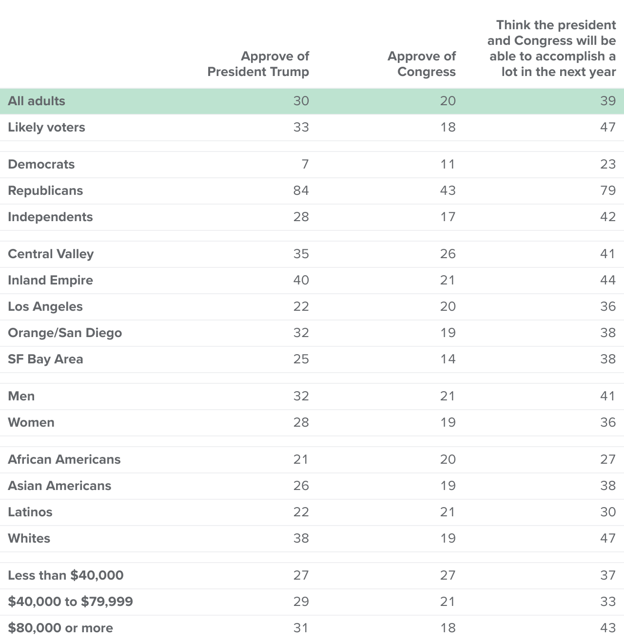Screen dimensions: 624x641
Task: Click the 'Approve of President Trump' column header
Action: (258, 64)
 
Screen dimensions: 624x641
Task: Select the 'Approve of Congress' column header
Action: (422, 64)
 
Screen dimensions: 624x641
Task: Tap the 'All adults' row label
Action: (37, 101)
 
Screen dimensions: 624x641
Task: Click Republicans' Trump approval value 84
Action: (301, 190)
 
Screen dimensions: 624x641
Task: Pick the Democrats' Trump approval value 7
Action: (305, 164)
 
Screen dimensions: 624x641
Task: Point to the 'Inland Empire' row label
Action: (50, 280)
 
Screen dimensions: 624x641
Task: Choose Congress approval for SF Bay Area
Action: (448, 359)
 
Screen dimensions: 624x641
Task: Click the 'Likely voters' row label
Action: (46, 128)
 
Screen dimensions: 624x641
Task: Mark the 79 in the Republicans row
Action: (607, 190)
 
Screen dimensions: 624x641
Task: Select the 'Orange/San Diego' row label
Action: (65, 333)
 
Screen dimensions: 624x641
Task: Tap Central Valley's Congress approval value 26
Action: (448, 254)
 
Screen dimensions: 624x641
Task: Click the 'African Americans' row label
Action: (64, 459)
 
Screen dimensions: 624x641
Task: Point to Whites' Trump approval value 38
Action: (301, 538)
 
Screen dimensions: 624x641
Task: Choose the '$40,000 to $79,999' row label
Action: (70, 602)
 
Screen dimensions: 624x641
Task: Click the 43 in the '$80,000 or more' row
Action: (607, 628)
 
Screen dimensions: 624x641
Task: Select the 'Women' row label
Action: (31, 422)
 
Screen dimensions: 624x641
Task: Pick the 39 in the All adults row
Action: (607, 101)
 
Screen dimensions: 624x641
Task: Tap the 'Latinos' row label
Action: (30, 512)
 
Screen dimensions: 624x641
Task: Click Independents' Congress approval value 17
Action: (448, 217)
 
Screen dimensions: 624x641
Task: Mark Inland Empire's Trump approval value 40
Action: (301, 280)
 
